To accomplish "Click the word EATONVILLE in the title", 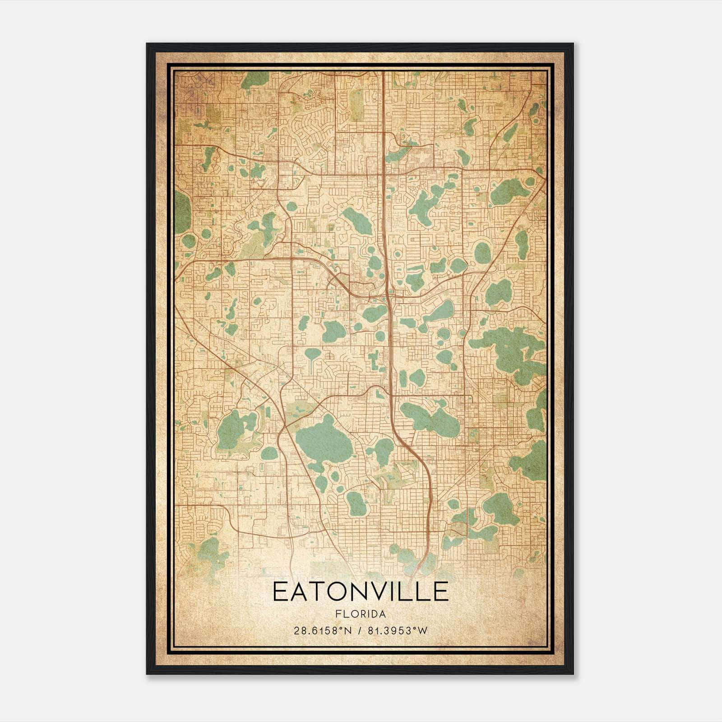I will tap(360, 592).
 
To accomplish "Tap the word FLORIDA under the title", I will tap(360, 614).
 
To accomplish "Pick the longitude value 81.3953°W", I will tap(398, 631).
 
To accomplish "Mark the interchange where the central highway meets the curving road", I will tap(388, 296).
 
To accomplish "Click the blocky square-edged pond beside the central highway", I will tap(373, 361).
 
